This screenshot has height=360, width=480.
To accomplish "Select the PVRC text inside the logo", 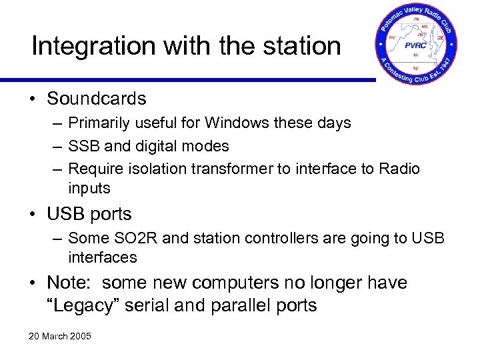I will tap(417, 45).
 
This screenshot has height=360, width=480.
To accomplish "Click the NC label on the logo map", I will tap(417, 67).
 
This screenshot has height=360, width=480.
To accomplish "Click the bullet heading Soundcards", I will tap(96, 99).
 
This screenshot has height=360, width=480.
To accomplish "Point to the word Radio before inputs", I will tap(398, 169).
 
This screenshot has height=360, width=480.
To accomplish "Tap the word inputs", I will tap(89, 188).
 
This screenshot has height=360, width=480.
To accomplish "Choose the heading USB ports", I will tap(89, 214).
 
